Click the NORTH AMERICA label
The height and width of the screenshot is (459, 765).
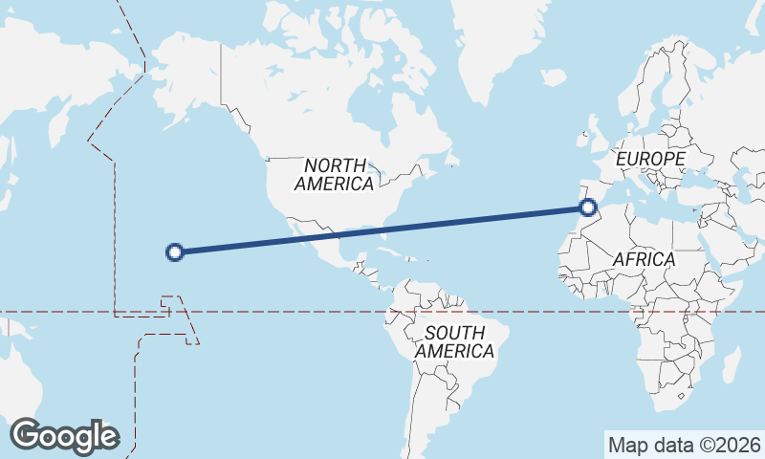point(334,175)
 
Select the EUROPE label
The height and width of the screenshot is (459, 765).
point(651,158)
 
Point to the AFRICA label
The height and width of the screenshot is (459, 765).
point(645,259)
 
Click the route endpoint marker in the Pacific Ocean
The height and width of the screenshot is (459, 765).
point(174,252)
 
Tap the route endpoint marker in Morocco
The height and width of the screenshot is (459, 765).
point(588,207)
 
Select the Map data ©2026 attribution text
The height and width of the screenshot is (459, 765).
point(685,445)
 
